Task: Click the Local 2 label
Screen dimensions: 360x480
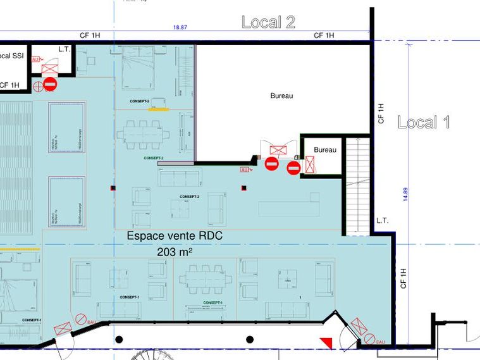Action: click(268, 22)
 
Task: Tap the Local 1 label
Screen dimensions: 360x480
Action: click(424, 122)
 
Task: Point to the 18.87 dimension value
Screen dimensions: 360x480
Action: click(180, 28)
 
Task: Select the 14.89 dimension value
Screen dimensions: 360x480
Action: click(405, 197)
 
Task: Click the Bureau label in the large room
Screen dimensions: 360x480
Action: click(281, 96)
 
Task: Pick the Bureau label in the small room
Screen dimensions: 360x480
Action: click(325, 150)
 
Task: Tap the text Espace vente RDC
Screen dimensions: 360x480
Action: click(175, 236)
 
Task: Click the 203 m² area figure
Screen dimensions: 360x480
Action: click(175, 252)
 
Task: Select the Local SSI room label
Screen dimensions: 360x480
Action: click(11, 56)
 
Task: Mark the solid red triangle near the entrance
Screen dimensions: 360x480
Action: click(326, 342)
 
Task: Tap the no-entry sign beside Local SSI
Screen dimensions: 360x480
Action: click(51, 84)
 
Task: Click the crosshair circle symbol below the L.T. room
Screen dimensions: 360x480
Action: click(39, 85)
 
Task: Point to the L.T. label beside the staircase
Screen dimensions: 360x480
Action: click(382, 221)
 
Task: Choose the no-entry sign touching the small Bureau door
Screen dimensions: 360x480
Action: click(293, 168)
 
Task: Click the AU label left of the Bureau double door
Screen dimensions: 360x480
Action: click(245, 170)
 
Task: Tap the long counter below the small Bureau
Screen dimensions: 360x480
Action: click(290, 207)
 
